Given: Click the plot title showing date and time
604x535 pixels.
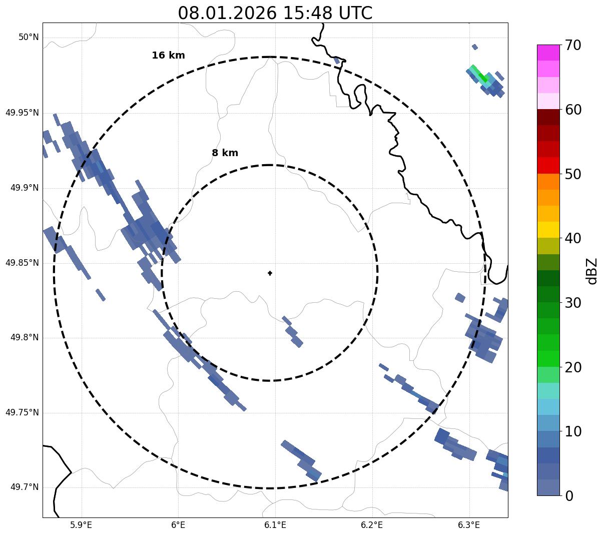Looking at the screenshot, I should (275, 13).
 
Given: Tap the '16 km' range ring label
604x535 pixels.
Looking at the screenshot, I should (168, 56).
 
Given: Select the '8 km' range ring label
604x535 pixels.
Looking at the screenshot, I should (225, 153).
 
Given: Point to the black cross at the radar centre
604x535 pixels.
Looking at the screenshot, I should (270, 273).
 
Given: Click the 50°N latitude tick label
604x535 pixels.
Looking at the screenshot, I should (29, 38).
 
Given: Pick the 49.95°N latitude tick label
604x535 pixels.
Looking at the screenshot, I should (22, 113).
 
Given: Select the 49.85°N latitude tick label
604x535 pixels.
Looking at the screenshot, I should (22, 263).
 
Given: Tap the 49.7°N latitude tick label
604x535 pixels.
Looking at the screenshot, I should (25, 487).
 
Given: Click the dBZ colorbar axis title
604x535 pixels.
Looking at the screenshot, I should (592, 270).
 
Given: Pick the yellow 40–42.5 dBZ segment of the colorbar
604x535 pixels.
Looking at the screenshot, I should (548, 230).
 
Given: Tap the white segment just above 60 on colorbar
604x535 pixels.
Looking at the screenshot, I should (548, 102).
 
